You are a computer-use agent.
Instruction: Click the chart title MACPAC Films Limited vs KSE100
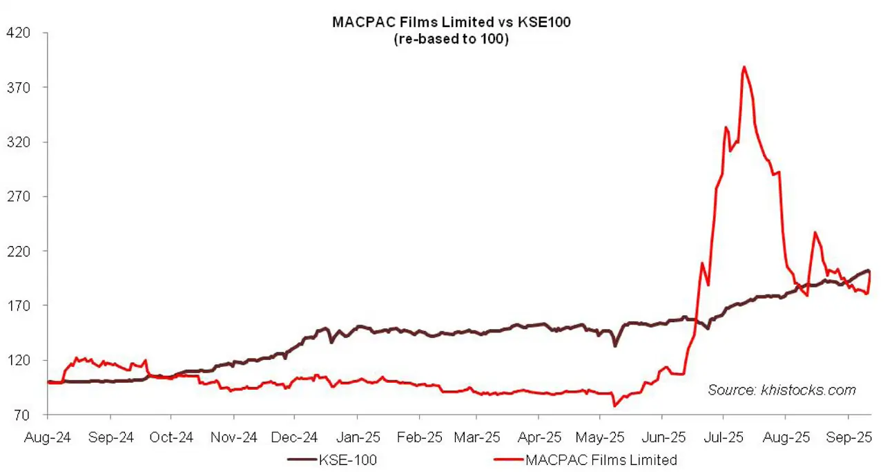point(451,22)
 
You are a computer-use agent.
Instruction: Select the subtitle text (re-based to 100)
point(451,39)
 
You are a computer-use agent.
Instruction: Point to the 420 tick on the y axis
point(18,32)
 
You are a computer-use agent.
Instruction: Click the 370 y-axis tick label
point(18,87)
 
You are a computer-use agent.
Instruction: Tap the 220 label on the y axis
point(18,251)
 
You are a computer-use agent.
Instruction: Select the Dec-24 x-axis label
point(295,437)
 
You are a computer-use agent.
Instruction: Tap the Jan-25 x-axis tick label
point(357,437)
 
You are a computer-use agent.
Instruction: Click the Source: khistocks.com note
point(782,390)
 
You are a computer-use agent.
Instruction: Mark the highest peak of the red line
point(744,67)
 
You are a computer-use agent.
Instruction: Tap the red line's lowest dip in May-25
point(614,406)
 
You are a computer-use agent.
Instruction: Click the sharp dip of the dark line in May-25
point(614,345)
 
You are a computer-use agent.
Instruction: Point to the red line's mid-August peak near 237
point(815,232)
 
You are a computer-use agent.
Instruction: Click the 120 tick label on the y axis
point(18,361)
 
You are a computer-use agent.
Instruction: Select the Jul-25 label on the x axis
point(724,437)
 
